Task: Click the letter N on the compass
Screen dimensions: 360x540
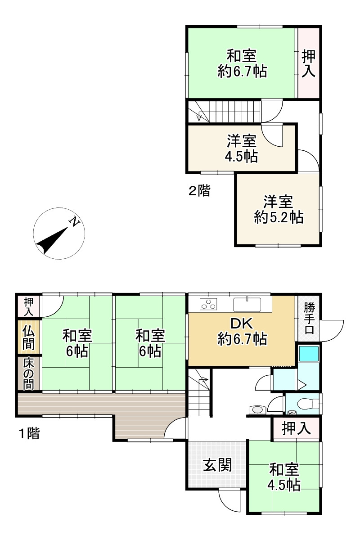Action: coord(75,222)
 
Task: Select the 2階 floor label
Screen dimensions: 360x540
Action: coord(199,190)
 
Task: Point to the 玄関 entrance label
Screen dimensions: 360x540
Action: coord(217,464)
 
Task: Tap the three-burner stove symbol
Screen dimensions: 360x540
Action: coord(208,304)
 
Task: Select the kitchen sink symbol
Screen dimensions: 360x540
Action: coord(247,304)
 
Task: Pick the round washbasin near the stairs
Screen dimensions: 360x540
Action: coord(257,409)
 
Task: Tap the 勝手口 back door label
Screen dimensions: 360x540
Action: coord(309,319)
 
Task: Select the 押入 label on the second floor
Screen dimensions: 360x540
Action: coord(308,63)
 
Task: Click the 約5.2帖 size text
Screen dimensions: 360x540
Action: coord(279,217)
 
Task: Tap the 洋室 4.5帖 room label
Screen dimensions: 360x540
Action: coord(241,148)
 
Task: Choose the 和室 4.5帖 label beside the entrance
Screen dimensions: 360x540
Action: coord(284,477)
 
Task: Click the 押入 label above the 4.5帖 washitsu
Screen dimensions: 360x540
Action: coord(297,428)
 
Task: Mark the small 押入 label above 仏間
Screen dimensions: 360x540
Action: coord(29,306)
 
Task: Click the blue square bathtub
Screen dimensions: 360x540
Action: coord(308,354)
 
